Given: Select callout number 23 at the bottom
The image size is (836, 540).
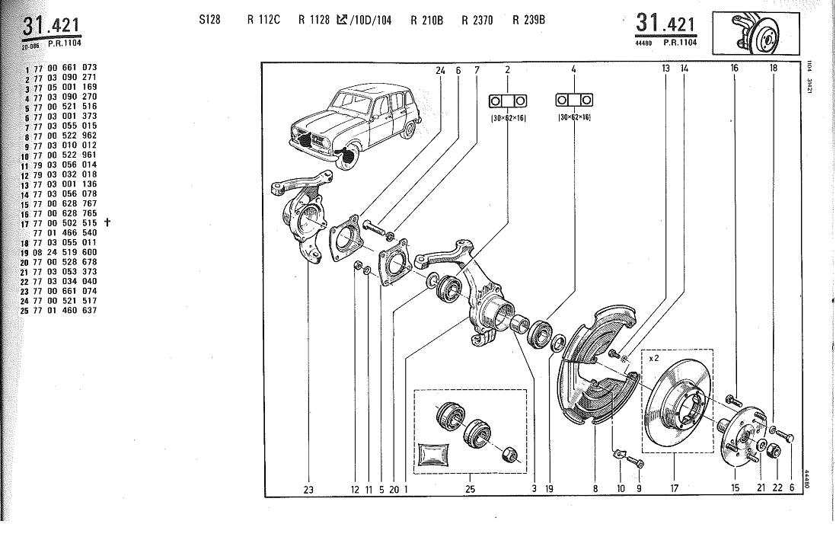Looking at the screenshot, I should (308, 490).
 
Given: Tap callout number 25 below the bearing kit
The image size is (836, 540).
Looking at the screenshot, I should (470, 489).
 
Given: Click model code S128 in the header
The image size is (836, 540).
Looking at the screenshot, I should (209, 21).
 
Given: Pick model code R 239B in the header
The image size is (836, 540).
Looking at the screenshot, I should (528, 21).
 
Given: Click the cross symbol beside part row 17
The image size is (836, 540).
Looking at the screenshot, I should (107, 223).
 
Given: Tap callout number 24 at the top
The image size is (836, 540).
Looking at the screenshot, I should (440, 70).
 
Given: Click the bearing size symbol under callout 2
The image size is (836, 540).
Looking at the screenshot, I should (507, 101).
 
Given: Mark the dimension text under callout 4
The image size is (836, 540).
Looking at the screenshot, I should (573, 117).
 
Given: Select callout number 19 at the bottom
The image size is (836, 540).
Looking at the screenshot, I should (549, 489).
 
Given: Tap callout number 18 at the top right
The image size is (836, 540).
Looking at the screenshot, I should (773, 69).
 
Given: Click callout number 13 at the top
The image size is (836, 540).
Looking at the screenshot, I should (665, 69).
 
